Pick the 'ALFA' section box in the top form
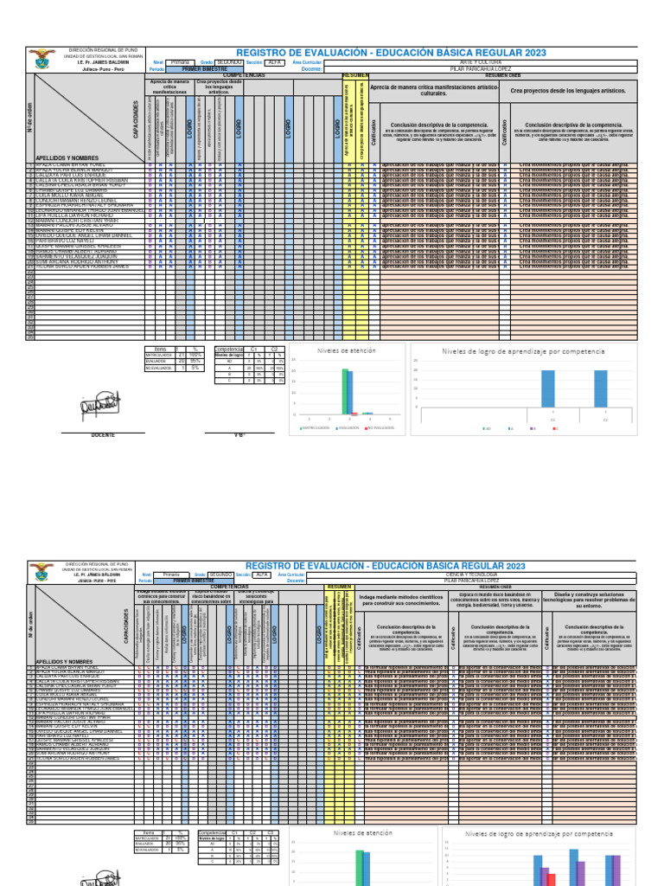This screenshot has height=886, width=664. coord(274,62)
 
